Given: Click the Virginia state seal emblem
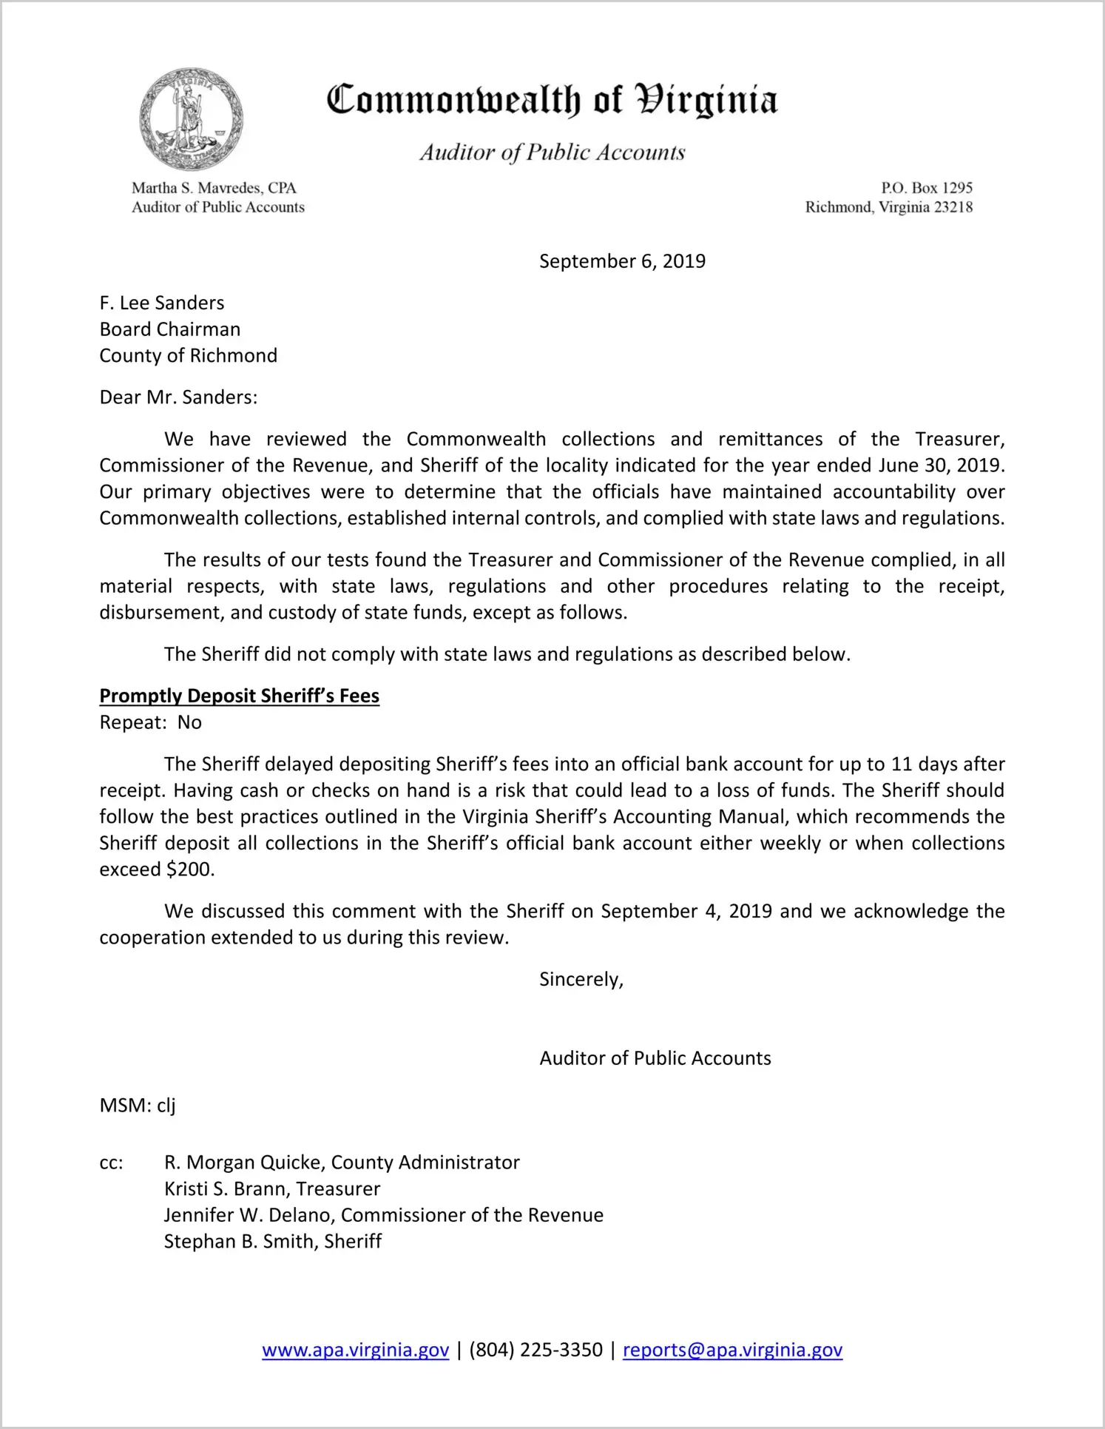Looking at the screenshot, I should [191, 119].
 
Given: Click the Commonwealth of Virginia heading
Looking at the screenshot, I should [552, 100].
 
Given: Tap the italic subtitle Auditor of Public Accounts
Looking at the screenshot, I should [552, 152].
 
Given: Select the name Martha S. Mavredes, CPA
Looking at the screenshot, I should [214, 188].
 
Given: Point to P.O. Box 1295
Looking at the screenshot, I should [926, 188].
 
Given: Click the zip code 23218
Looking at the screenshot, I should [953, 207].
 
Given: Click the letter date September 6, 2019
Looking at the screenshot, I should [622, 261].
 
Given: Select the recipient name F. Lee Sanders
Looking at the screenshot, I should [162, 303].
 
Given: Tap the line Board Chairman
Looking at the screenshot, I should [170, 329].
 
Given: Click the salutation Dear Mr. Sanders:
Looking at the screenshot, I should [178, 397].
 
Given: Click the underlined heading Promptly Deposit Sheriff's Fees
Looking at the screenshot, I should [240, 696].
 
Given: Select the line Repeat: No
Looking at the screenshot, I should [151, 723].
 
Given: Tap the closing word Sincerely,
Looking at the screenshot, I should [581, 980].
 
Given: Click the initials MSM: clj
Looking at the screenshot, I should [138, 1106].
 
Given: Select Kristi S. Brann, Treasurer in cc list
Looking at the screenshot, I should [272, 1188].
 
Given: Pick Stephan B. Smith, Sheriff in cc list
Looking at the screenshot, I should [273, 1241].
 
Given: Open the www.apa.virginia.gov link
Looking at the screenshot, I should [356, 1350].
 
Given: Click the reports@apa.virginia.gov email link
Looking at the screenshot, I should [732, 1350].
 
